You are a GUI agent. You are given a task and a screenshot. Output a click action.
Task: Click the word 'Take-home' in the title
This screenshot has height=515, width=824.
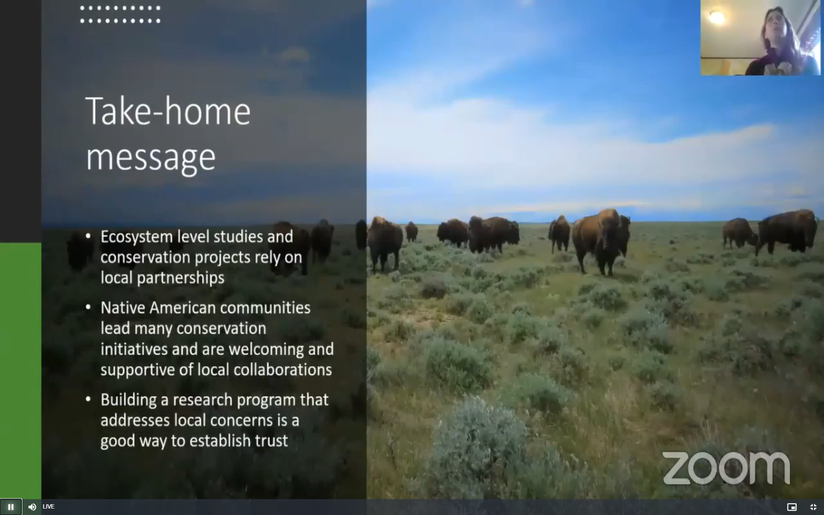coord(168,112)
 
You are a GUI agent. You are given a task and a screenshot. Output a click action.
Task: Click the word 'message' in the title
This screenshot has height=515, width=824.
coord(150,157)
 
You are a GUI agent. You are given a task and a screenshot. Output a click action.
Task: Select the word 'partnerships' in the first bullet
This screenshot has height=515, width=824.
coord(181,278)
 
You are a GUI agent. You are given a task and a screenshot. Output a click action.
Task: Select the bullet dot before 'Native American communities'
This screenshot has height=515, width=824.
coord(89,307)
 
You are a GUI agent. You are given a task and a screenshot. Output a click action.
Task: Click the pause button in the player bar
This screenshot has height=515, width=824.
coord(11,507)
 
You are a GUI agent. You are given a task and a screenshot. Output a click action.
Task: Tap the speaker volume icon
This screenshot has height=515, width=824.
coord(32,507)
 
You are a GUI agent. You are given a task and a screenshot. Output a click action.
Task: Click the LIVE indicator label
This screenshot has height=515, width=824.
coord(49,507)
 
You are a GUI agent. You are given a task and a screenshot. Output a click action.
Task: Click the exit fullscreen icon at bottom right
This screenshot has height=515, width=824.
coord(813,507)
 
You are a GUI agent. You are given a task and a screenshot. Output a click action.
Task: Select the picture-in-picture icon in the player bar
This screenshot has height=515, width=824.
coord(792,507)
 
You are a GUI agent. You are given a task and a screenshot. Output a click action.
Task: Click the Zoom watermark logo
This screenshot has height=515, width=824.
coord(726,468)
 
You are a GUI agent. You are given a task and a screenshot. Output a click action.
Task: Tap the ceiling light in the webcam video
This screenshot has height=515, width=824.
coord(717,17)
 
